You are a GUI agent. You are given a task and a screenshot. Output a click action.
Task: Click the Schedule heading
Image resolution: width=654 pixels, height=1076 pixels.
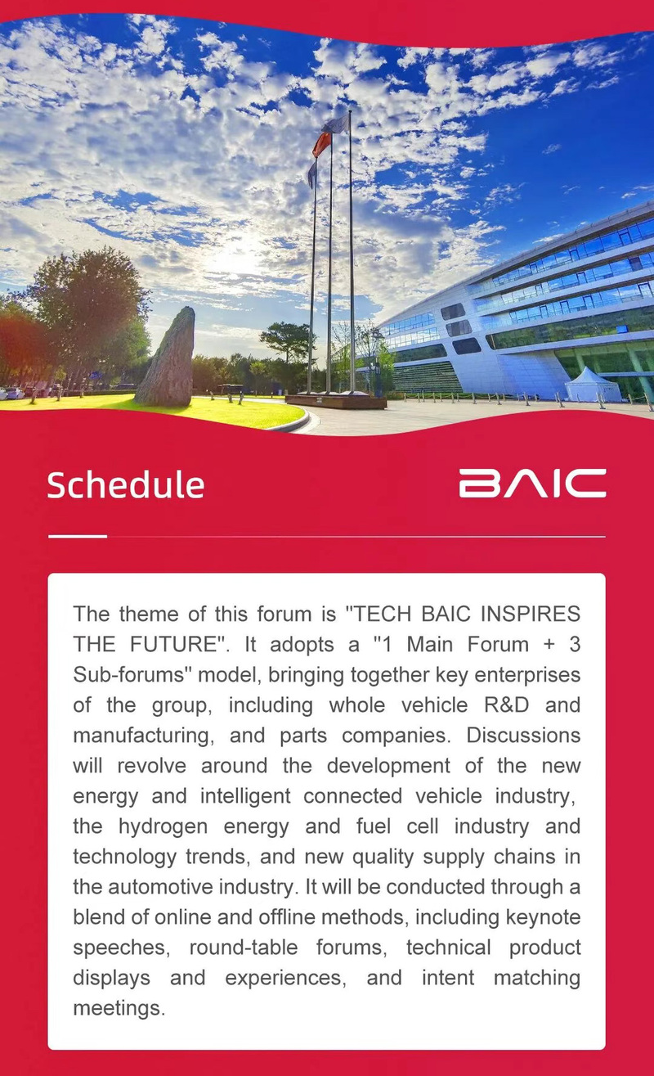126,484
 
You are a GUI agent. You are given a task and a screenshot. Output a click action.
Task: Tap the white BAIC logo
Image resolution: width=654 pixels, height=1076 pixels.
532,484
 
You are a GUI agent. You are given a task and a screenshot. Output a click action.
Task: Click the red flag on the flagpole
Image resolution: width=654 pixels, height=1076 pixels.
321,144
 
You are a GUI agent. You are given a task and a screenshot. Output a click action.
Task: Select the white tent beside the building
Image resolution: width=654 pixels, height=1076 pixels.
593,385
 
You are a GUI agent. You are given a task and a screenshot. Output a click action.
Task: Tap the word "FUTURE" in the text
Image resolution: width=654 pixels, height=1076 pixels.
173,644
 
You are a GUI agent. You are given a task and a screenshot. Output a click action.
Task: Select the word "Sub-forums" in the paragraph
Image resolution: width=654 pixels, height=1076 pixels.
128,674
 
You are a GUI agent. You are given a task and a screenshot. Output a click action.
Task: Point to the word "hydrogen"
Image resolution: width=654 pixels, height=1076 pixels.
163,826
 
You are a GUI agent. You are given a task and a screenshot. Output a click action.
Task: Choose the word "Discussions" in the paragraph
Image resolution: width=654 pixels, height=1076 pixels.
523,735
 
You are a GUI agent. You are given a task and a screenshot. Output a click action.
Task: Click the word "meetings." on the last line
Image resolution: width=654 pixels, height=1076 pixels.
119,1008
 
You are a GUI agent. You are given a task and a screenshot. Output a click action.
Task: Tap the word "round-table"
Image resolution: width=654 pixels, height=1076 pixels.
244,948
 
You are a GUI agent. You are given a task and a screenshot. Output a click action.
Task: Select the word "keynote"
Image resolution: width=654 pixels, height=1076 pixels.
543,917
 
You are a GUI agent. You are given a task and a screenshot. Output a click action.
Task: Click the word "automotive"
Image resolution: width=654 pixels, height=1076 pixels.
160,887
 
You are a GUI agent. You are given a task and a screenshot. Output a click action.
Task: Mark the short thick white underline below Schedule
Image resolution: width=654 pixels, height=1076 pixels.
77,536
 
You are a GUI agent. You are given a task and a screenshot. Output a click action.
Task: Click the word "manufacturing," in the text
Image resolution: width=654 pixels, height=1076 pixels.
143,736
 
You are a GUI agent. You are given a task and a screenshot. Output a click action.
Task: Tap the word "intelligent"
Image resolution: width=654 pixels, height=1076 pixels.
245,796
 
